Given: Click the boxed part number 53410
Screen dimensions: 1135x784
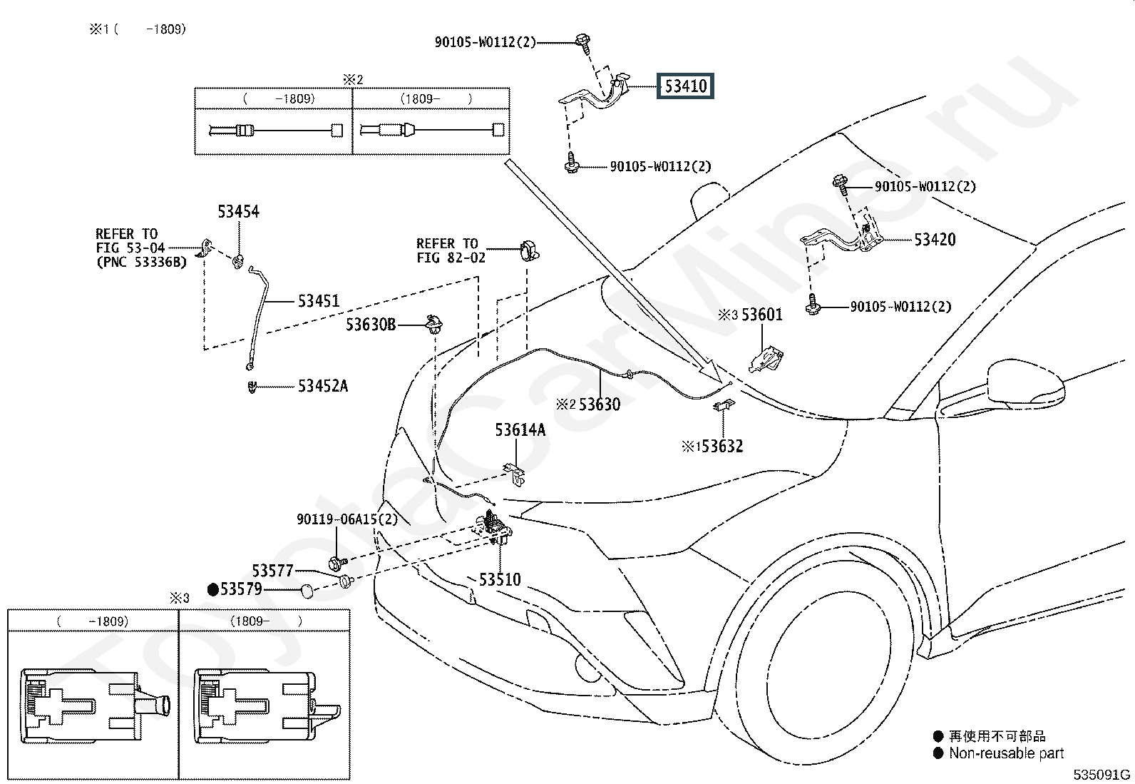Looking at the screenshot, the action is click(685, 86).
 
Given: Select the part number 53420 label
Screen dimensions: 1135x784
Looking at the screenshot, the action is click(935, 240).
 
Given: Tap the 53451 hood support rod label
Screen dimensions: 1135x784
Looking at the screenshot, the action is click(318, 301).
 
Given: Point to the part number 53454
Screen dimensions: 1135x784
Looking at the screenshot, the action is click(238, 211).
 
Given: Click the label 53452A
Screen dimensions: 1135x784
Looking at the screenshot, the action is click(323, 386).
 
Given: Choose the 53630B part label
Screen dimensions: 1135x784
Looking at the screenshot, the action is click(371, 325).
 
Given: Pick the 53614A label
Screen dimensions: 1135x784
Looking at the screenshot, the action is click(520, 430).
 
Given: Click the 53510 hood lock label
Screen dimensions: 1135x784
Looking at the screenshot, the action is click(500, 579).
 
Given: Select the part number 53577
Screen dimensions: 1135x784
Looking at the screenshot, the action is click(272, 571).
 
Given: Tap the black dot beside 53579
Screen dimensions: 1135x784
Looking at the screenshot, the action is click(212, 589).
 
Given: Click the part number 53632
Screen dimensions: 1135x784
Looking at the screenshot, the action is click(722, 447).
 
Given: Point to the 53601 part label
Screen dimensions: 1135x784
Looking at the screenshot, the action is click(762, 315).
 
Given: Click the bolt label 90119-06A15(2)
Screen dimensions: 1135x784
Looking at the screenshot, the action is click(347, 519).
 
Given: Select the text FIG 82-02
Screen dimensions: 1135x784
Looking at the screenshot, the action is click(451, 258).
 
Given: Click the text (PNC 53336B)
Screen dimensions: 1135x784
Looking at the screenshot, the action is click(141, 263).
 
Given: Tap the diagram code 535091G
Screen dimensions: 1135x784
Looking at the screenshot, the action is click(1101, 775).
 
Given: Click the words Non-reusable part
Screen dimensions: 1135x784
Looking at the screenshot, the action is click(1006, 753).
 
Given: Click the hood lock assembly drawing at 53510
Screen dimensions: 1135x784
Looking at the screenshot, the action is click(493, 529).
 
